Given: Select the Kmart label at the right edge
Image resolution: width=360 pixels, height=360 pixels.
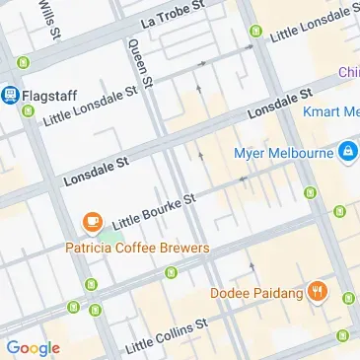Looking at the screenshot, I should pos(331,112).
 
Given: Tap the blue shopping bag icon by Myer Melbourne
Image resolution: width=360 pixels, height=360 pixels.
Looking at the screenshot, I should pos(346,152).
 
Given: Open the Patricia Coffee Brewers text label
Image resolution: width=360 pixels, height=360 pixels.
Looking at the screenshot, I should pos(137,248).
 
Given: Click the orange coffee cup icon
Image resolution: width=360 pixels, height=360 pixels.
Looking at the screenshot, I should pos(92,222).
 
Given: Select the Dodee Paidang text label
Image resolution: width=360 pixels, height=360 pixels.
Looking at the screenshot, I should pos(255,292).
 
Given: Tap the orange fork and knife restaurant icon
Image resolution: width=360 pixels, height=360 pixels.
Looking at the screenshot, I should pos(317,291).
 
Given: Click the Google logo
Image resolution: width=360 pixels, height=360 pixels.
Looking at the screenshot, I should pos(33,347).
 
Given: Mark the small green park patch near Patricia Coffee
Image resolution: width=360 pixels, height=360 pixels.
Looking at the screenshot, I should pos(113,236).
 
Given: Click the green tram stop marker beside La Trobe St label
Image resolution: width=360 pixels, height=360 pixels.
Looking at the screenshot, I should pos(255,33).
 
